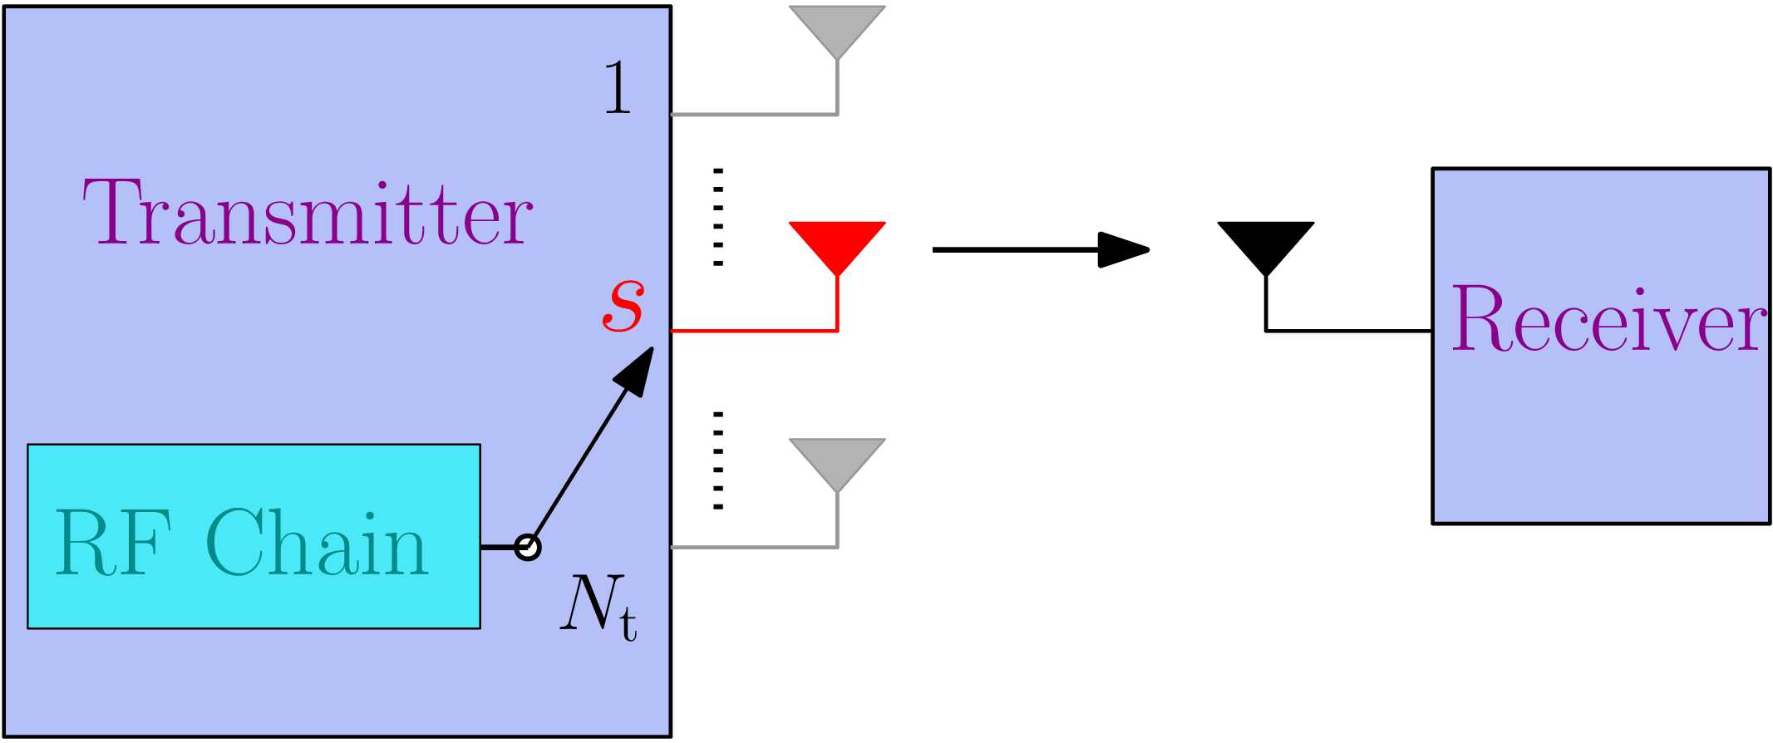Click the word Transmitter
(x=308, y=213)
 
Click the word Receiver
(x=1608, y=319)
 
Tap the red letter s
(x=623, y=304)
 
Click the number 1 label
(x=617, y=87)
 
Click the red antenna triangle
(x=837, y=242)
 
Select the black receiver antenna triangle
(x=1265, y=242)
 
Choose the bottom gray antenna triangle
(x=837, y=459)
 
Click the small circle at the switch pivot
(x=527, y=547)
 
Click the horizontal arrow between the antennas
(x=1039, y=249)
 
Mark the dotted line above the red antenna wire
(x=718, y=217)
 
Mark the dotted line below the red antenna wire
(x=718, y=460)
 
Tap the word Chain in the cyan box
(x=317, y=544)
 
